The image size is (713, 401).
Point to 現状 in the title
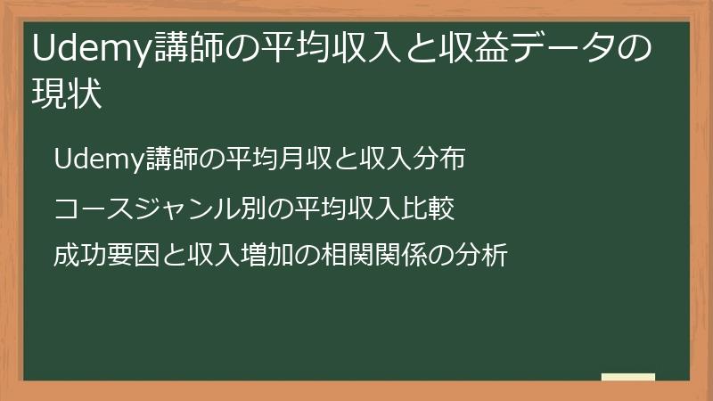pyautogui.click(x=66, y=93)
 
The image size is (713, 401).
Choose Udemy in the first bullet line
pyautogui.click(x=94, y=160)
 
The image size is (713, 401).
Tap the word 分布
pyautogui.click(x=441, y=160)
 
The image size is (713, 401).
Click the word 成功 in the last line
pyautogui.click(x=78, y=256)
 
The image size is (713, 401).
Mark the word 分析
pyautogui.click(x=483, y=256)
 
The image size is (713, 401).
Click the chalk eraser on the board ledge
pyautogui.click(x=628, y=377)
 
